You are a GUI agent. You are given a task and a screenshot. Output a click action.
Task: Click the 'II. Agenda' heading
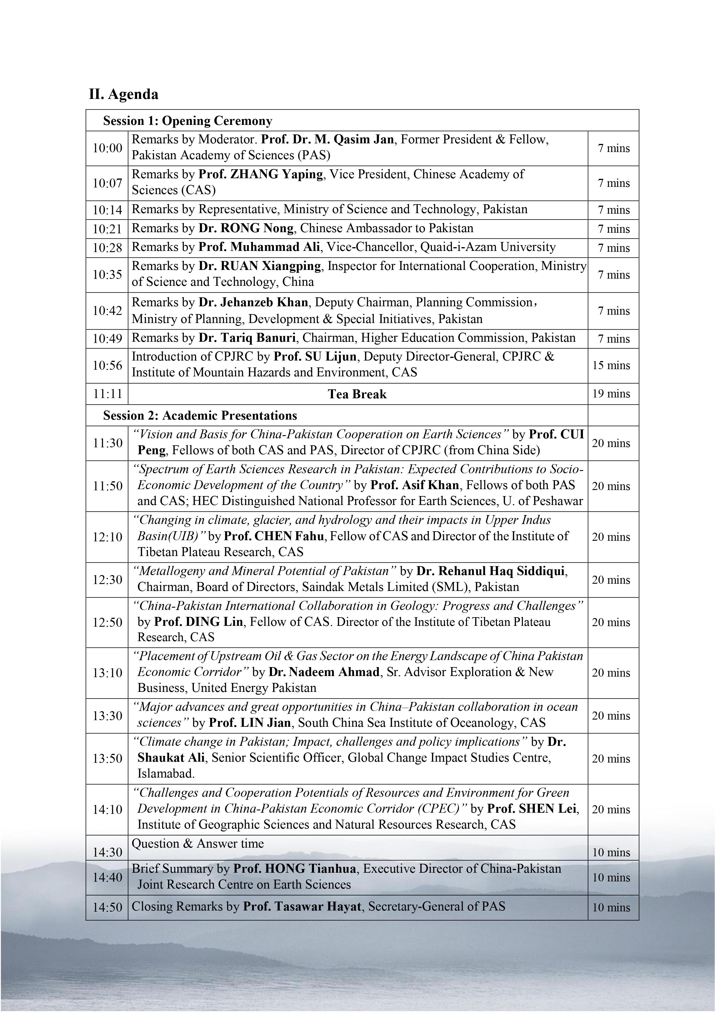pyautogui.click(x=124, y=94)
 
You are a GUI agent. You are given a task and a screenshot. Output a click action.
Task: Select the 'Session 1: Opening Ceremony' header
pyautogui.click(x=188, y=121)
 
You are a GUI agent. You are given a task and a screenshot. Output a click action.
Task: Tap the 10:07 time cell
pyautogui.click(x=107, y=183)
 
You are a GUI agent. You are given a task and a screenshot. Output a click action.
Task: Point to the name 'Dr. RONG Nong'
pyautogui.click(x=246, y=228)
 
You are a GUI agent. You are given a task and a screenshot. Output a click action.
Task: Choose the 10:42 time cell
pyautogui.click(x=107, y=311)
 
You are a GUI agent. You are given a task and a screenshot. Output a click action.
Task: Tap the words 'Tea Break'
pyautogui.click(x=357, y=394)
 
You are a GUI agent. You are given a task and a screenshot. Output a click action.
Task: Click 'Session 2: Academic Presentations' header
pyautogui.click(x=200, y=416)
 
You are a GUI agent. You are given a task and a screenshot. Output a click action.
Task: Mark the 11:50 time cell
pyautogui.click(x=107, y=486)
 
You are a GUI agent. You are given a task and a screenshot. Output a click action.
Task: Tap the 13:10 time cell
pyautogui.click(x=107, y=673)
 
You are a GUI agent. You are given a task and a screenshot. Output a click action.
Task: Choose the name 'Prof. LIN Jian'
pyautogui.click(x=250, y=723)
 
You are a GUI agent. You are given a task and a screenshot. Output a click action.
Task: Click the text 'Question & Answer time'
pyautogui.click(x=198, y=844)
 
